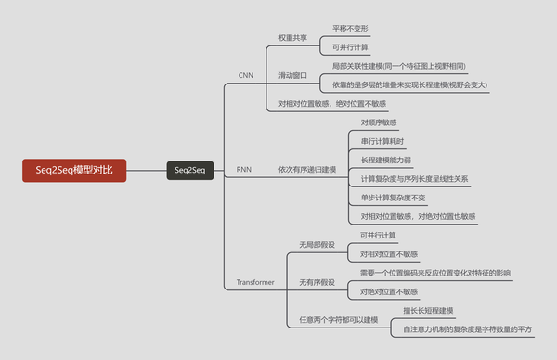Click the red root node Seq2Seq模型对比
click(75, 170)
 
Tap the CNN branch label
click(246, 74)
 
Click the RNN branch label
click(244, 170)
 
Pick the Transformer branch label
click(255, 281)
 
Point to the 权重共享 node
click(294, 38)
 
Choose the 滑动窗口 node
click(294, 74)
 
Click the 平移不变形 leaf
click(351, 29)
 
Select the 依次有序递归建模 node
click(308, 170)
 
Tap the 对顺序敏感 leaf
click(379, 122)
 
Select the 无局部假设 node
click(315, 244)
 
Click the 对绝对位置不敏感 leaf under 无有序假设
click(388, 290)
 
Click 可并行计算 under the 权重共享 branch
click(351, 47)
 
